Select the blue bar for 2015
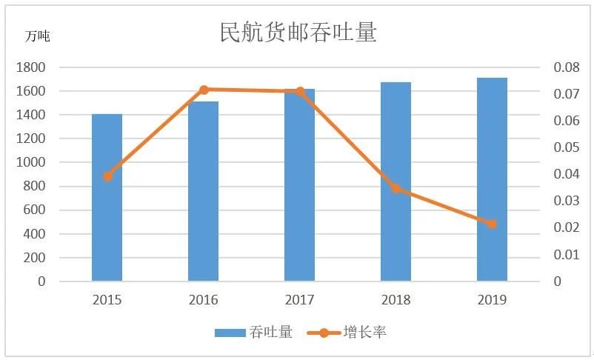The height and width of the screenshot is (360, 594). (x=107, y=198)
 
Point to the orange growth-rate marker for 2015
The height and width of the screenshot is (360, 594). (x=107, y=176)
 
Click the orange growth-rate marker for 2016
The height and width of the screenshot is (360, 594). (x=204, y=90)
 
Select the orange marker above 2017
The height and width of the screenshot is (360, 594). (x=300, y=92)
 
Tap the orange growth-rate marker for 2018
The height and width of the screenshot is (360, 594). (x=396, y=188)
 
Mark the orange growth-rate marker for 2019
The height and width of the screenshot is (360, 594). (x=492, y=224)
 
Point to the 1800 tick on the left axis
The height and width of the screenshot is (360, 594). (x=30, y=67)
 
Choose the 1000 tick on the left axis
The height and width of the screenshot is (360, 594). (x=30, y=163)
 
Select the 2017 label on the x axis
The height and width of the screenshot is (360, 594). (x=299, y=300)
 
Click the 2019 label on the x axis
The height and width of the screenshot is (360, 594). (x=492, y=300)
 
